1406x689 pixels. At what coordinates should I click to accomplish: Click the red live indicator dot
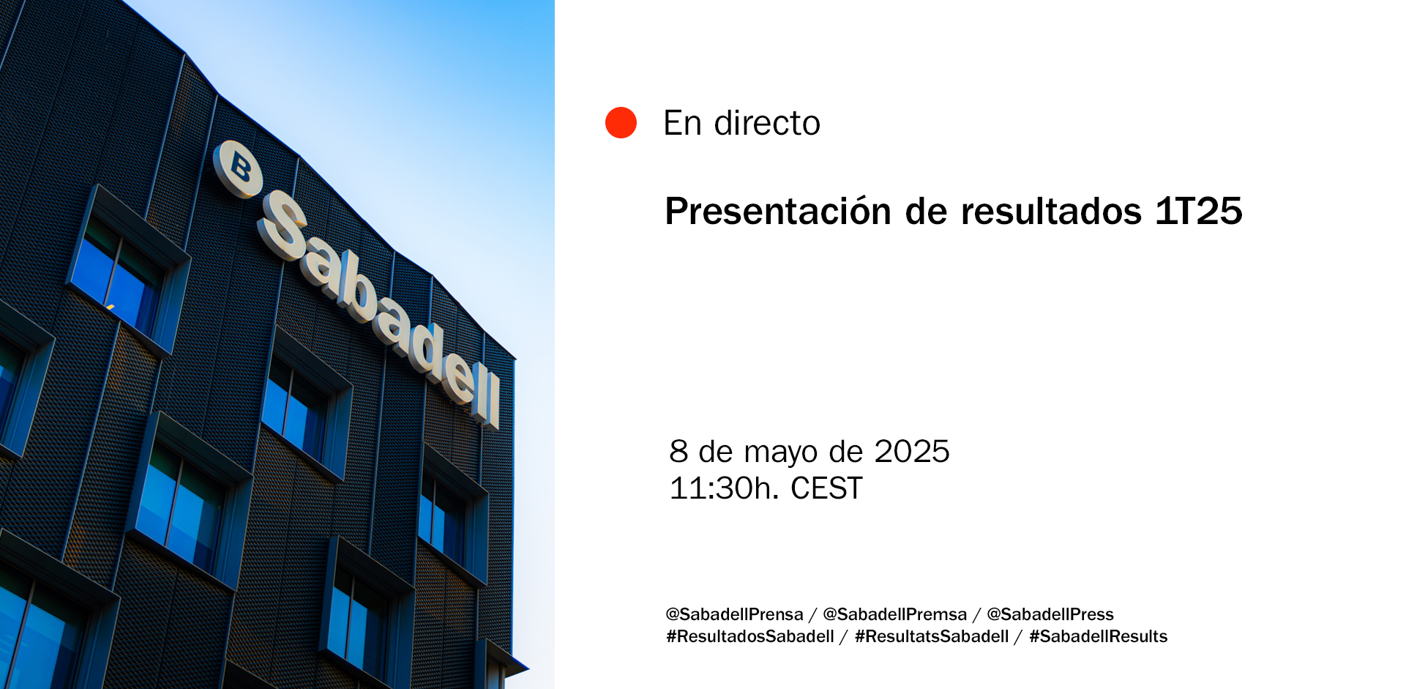(621, 122)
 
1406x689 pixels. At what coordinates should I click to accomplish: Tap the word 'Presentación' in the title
(778, 212)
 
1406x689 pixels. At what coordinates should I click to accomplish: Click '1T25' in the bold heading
(1199, 212)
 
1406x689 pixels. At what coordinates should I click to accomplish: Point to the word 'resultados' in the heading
(1051, 212)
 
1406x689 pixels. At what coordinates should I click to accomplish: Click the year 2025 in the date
(912, 452)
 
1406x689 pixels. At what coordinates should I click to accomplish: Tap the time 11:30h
(725, 488)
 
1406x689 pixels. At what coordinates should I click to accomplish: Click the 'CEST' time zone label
(826, 488)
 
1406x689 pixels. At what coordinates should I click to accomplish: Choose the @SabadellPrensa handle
(734, 614)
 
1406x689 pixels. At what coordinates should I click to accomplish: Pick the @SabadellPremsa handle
(894, 614)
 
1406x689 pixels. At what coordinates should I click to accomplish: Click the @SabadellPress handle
(1050, 614)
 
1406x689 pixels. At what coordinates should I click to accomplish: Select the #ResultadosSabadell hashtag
(750, 636)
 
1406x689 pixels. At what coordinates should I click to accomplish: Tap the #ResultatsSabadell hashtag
(932, 636)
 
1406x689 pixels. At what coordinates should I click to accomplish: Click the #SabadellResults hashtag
(1098, 636)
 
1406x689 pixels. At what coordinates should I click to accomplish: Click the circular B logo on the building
(238, 169)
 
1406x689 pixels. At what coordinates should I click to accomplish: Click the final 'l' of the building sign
(493, 401)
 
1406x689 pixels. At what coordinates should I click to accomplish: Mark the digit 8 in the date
(678, 452)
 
